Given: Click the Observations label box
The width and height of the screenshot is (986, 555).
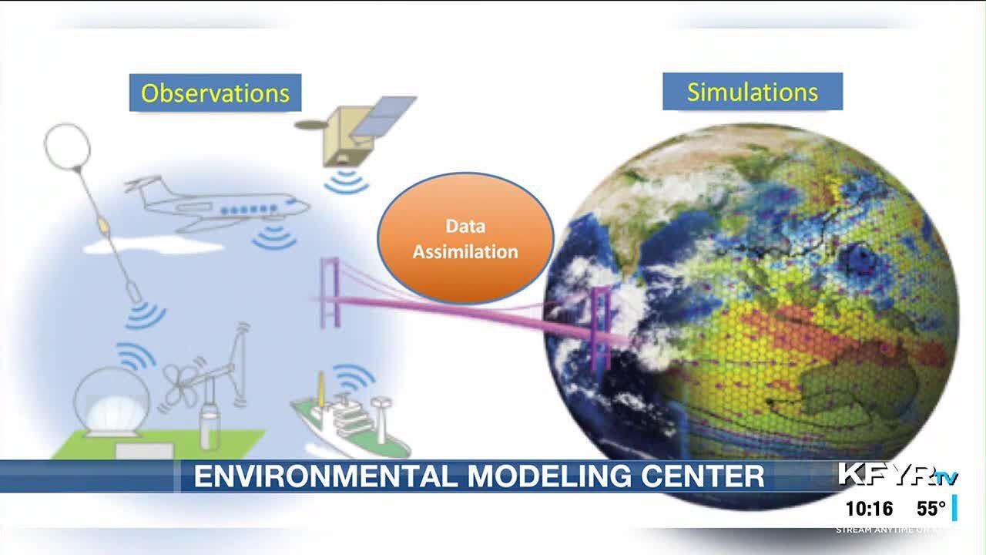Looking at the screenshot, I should [x=214, y=93].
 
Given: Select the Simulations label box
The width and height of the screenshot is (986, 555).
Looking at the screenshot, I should [x=752, y=92].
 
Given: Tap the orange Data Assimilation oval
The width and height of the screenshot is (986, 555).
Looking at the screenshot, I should [x=465, y=238].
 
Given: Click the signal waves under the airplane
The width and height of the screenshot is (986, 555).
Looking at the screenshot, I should [x=275, y=236].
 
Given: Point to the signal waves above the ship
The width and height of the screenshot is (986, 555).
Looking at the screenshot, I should [x=353, y=377].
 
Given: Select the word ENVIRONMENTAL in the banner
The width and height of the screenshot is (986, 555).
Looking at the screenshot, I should [x=324, y=476].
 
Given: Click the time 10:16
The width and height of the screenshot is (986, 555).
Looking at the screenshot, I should [x=869, y=509].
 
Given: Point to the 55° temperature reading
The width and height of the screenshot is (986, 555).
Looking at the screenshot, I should [x=931, y=509].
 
